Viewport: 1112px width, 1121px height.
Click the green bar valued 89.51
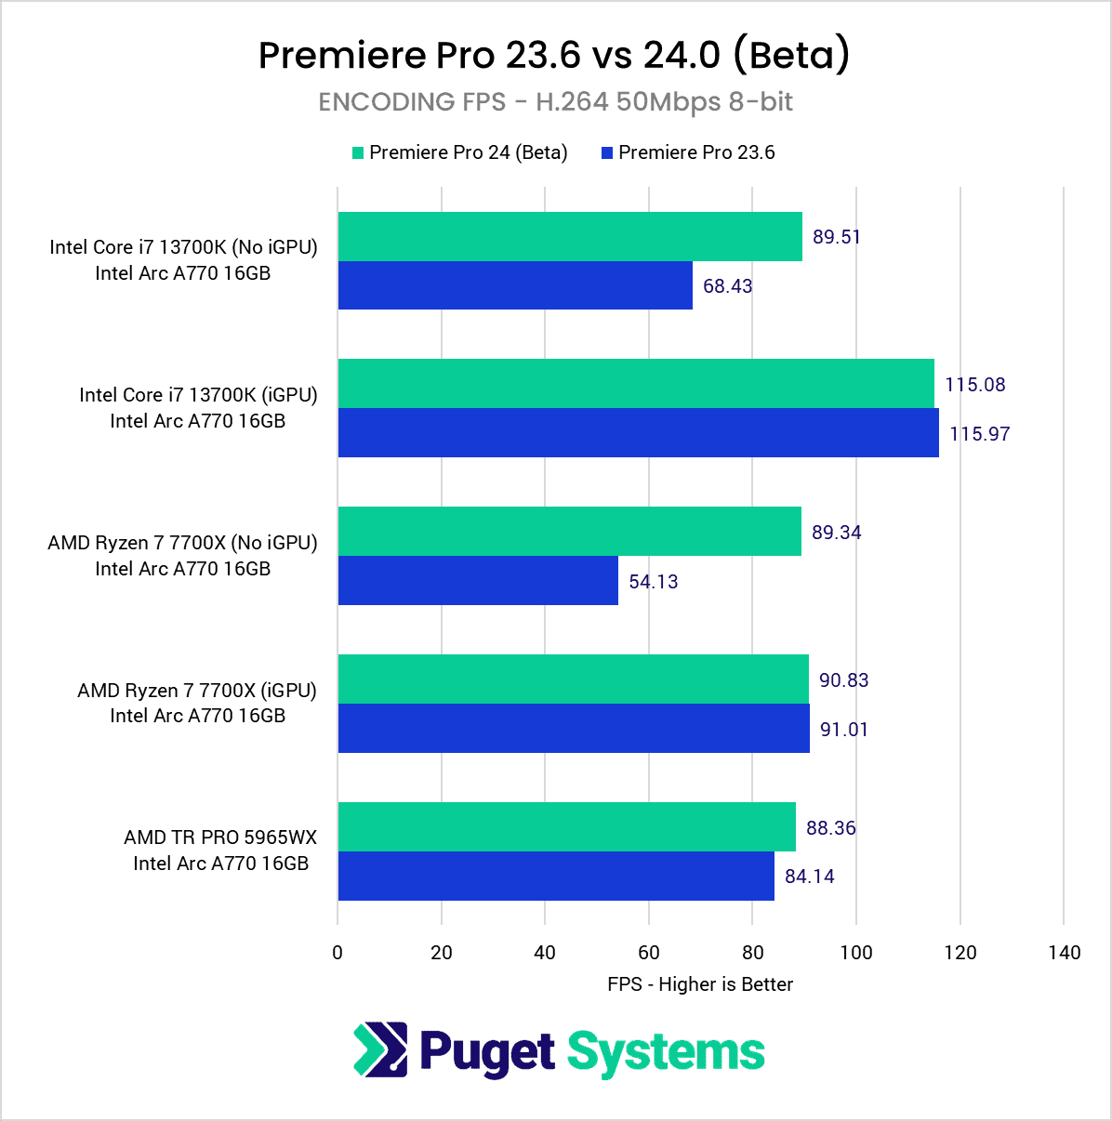coord(569,236)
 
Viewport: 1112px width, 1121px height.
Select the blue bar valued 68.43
coord(515,285)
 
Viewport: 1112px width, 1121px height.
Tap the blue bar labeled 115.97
coord(638,432)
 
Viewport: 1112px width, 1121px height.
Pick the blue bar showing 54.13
coord(478,580)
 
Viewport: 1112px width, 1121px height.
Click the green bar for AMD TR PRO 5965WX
coord(566,826)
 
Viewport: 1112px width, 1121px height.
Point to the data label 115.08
coord(974,385)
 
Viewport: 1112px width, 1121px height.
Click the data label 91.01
coord(843,730)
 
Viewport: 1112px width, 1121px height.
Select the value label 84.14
coord(809,877)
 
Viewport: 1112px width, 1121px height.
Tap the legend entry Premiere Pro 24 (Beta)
coord(468,152)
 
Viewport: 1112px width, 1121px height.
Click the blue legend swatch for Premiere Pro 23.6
coord(607,152)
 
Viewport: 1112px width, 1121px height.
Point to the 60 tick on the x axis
coord(649,952)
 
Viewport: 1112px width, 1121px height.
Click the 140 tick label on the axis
coord(1064,952)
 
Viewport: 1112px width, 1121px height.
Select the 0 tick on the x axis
coord(338,952)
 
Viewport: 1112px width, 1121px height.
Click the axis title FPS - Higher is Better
coord(700,984)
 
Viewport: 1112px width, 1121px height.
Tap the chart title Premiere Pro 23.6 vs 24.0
coord(554,55)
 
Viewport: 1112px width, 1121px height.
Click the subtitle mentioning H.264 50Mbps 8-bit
coord(555,101)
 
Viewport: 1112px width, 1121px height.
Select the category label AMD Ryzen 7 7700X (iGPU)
coord(197,691)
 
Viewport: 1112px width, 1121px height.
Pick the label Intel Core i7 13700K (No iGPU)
coord(183,247)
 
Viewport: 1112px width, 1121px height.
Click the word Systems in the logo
coord(666,1052)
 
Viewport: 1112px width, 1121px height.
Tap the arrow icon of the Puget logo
coord(380,1049)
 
